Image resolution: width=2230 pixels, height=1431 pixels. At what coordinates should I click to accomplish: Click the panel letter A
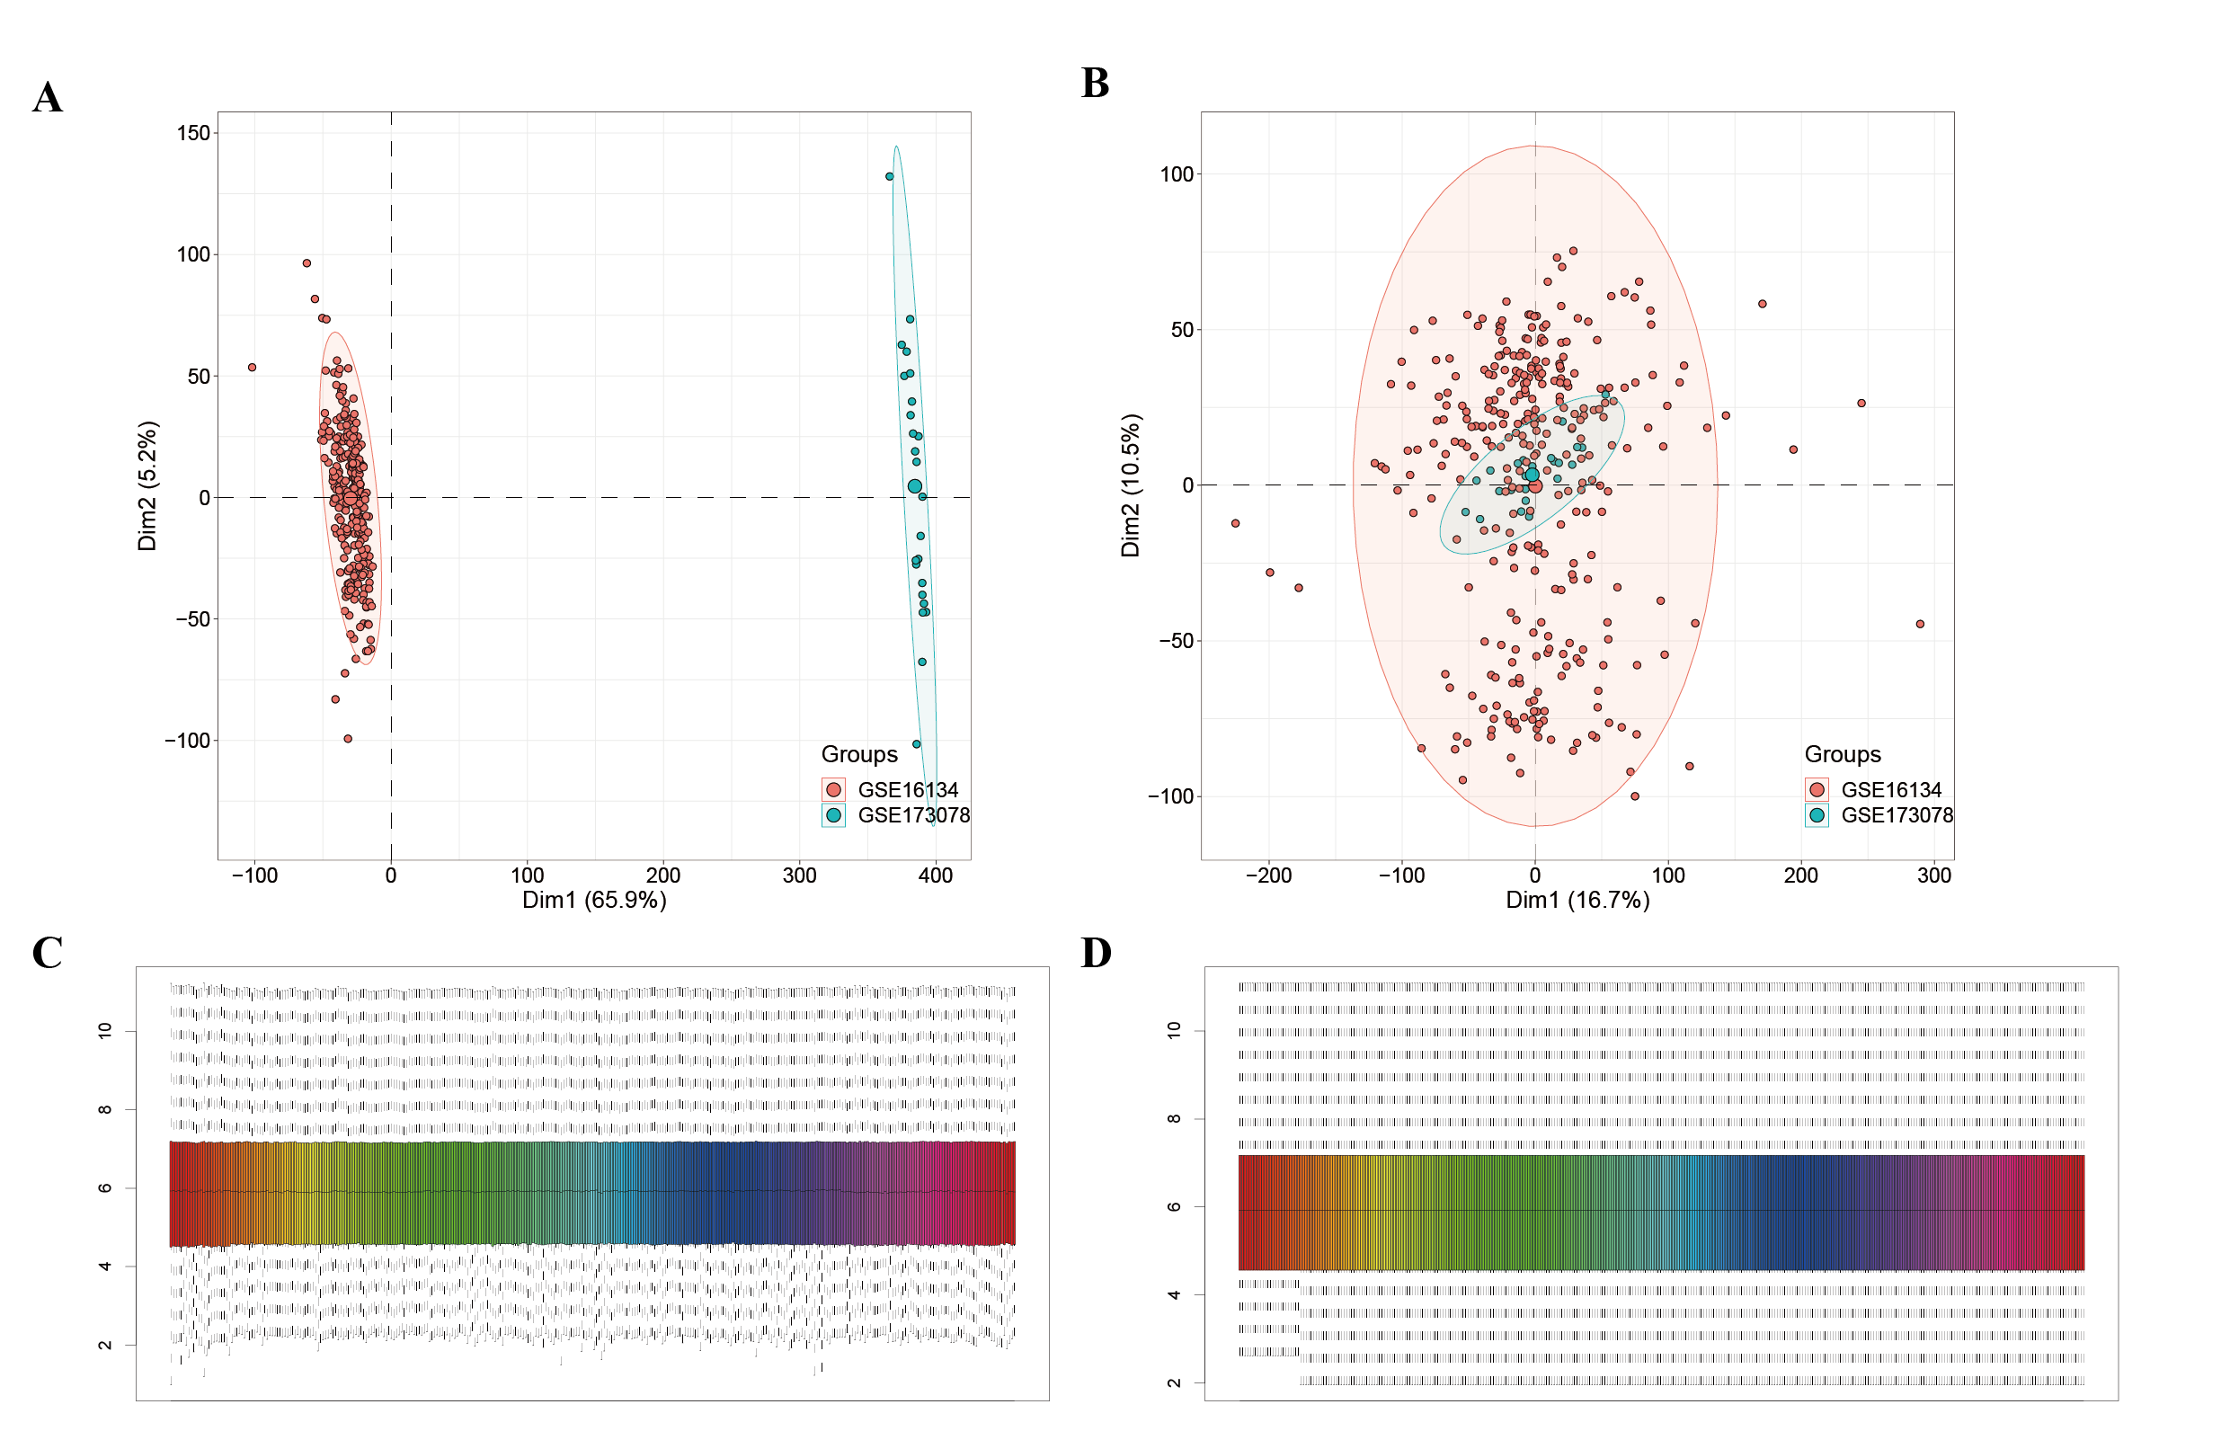pyautogui.click(x=48, y=98)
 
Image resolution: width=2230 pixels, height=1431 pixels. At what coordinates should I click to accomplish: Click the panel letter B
pyautogui.click(x=1096, y=84)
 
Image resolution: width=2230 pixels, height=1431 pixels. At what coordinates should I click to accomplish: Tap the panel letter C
pyautogui.click(x=48, y=954)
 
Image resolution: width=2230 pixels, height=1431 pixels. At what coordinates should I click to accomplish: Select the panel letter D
pyautogui.click(x=1097, y=954)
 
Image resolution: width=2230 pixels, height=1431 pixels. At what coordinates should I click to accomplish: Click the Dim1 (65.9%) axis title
pyautogui.click(x=594, y=900)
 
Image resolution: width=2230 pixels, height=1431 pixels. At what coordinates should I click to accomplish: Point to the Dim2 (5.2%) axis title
pyautogui.click(x=147, y=486)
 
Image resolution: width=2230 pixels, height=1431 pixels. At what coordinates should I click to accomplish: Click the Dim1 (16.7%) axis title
pyautogui.click(x=1577, y=900)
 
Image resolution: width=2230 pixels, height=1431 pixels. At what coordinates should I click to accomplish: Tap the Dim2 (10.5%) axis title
pyautogui.click(x=1130, y=486)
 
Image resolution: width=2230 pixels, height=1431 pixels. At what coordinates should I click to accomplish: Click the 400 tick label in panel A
pyautogui.click(x=936, y=875)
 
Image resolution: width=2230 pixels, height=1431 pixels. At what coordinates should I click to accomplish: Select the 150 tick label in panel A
pyautogui.click(x=193, y=133)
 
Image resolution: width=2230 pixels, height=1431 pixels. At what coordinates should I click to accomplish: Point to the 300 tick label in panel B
pyautogui.click(x=1934, y=875)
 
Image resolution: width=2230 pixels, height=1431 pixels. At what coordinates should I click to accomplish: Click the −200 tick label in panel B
pyautogui.click(x=1268, y=875)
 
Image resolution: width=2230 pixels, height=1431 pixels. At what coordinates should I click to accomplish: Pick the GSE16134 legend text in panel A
pyautogui.click(x=908, y=790)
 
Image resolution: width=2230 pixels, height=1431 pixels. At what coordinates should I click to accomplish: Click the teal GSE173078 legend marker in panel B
pyautogui.click(x=1817, y=815)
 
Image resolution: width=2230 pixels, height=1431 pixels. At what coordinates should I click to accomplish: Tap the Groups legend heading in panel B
pyautogui.click(x=1843, y=754)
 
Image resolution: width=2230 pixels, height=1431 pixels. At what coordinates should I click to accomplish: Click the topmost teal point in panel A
pyautogui.click(x=889, y=176)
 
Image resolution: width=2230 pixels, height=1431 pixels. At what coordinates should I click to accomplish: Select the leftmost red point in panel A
pyautogui.click(x=252, y=367)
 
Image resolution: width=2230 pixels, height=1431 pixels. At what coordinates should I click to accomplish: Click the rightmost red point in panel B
pyautogui.click(x=1920, y=624)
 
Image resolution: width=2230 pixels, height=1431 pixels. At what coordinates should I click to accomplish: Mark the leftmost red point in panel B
pyautogui.click(x=1235, y=523)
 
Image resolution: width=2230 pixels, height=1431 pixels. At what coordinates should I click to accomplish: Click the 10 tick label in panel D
pyautogui.click(x=1174, y=1029)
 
